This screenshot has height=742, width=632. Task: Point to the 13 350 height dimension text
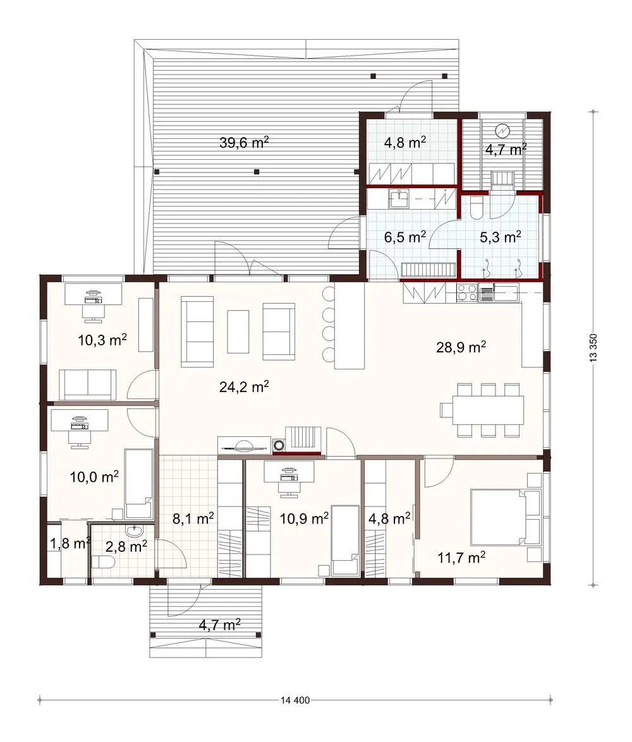coord(592,347)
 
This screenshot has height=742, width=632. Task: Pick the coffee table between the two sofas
coord(238,331)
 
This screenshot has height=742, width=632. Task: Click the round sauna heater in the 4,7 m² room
coord(502,131)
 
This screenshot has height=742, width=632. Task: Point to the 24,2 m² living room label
coord(244,387)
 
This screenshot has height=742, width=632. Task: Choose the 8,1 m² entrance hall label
coord(193,518)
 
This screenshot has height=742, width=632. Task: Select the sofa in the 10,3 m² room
coord(88,385)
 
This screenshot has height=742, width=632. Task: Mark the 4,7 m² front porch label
coord(219,625)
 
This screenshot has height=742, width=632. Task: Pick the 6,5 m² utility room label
coord(405,237)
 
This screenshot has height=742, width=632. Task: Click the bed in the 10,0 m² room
coord(138,484)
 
